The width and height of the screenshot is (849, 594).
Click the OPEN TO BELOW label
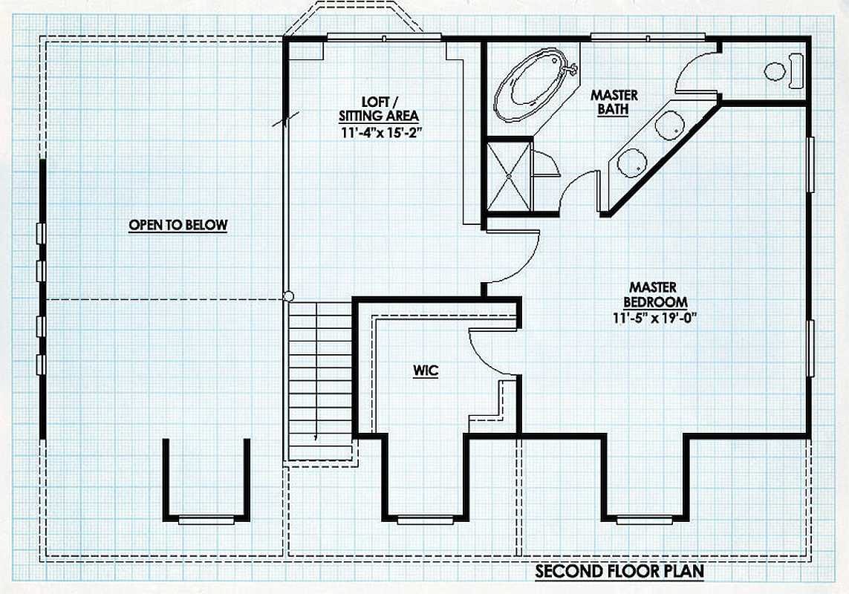point(178,225)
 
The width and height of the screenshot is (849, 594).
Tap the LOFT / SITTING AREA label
point(379,108)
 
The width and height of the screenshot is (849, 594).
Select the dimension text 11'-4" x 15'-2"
point(382,131)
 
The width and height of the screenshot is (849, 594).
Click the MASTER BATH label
point(614,102)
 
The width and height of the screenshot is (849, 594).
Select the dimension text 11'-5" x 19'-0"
point(654,317)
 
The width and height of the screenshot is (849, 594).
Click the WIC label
point(426,371)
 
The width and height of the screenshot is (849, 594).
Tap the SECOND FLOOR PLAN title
point(620,571)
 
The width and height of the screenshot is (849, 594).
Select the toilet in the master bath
point(784,71)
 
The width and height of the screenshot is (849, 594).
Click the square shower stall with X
point(509,175)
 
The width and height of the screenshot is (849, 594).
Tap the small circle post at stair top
point(289,296)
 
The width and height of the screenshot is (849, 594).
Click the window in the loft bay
point(384,37)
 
